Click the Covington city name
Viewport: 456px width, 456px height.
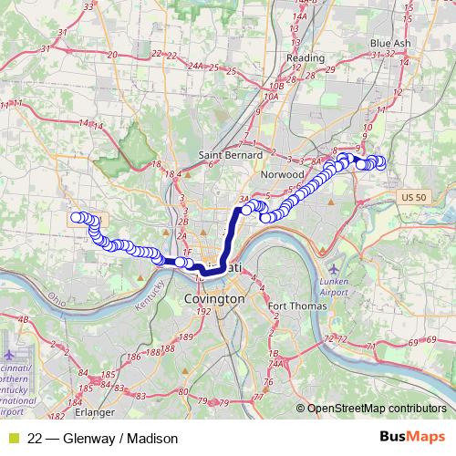point(214,298)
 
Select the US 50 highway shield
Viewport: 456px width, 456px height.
point(413,197)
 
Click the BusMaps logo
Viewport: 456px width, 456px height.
point(411,438)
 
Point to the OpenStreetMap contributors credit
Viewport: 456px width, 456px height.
point(376,409)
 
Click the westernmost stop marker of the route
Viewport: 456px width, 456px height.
point(77,217)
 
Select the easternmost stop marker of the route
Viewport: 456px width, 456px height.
point(379,162)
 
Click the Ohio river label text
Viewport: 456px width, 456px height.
point(56,297)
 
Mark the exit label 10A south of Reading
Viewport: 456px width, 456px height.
point(270,95)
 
